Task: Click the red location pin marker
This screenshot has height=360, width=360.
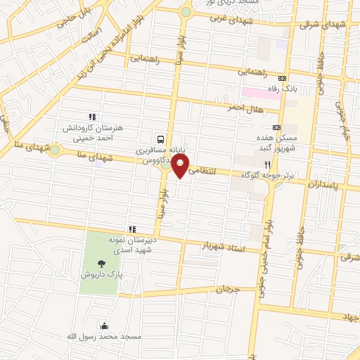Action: [x=181, y=166]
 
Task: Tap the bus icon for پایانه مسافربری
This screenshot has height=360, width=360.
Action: [x=162, y=139]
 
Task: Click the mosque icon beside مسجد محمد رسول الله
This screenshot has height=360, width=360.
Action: [x=105, y=326]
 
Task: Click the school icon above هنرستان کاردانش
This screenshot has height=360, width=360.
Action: [x=91, y=117]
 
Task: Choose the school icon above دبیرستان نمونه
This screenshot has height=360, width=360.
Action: [x=131, y=229]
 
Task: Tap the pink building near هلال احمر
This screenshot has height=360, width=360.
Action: [x=261, y=92]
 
